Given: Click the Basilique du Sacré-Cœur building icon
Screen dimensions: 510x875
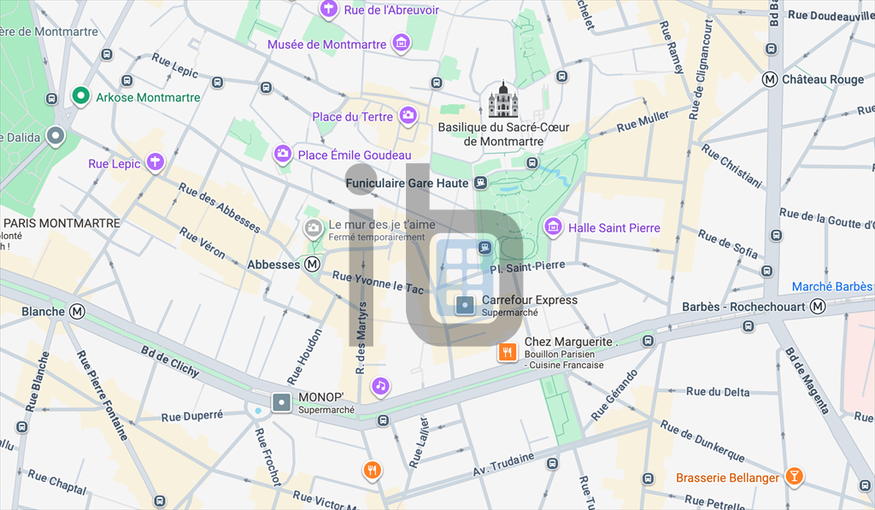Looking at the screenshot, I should (x=503, y=101).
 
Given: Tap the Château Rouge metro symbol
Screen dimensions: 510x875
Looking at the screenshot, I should (x=770, y=79).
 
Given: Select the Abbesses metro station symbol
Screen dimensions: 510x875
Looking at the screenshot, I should (x=313, y=265).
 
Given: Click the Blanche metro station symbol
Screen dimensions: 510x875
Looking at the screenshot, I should (x=79, y=312).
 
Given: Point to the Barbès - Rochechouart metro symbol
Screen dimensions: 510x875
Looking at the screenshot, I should (x=819, y=307).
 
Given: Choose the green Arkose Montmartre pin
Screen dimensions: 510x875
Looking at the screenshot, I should (x=81, y=97).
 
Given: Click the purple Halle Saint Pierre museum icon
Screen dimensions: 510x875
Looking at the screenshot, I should (x=554, y=227).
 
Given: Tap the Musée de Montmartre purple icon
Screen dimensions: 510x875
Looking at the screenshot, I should (x=401, y=44).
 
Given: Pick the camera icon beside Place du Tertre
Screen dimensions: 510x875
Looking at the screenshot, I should (x=408, y=115).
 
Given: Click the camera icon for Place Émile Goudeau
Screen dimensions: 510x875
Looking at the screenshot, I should (x=282, y=154).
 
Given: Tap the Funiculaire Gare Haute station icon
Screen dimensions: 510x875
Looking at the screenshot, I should (x=481, y=183).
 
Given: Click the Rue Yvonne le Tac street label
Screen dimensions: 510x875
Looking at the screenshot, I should (x=378, y=283).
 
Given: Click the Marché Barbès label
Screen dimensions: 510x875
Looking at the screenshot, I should (x=831, y=286).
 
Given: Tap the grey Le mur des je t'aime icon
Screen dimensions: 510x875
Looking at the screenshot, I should (x=313, y=227).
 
